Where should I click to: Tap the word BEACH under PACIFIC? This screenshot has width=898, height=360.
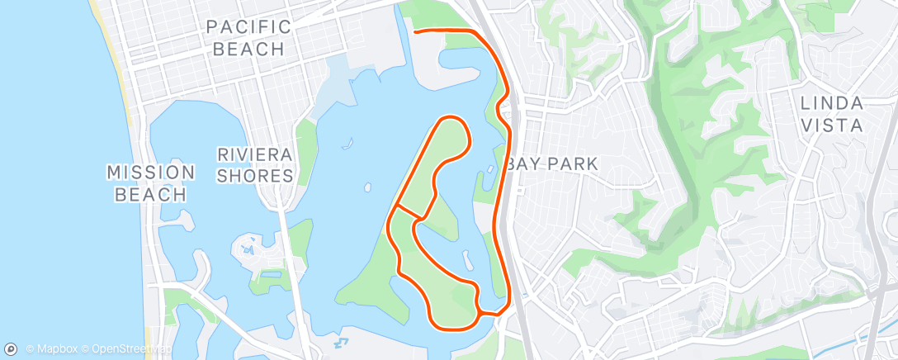[x=248, y=49]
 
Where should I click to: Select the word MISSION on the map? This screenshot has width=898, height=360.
[x=150, y=173]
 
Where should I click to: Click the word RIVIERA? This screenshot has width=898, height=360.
[x=255, y=154]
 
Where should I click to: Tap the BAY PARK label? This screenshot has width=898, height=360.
[x=551, y=164]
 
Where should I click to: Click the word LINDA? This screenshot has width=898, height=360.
[x=832, y=104]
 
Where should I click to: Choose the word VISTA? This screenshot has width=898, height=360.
[x=832, y=126]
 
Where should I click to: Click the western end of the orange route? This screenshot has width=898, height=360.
[x=414, y=32]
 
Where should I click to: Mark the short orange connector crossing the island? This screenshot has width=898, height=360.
[x=409, y=211]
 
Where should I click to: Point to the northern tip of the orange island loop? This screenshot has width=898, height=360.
[x=454, y=118]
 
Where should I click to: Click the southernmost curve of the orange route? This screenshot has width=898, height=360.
[x=450, y=324]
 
